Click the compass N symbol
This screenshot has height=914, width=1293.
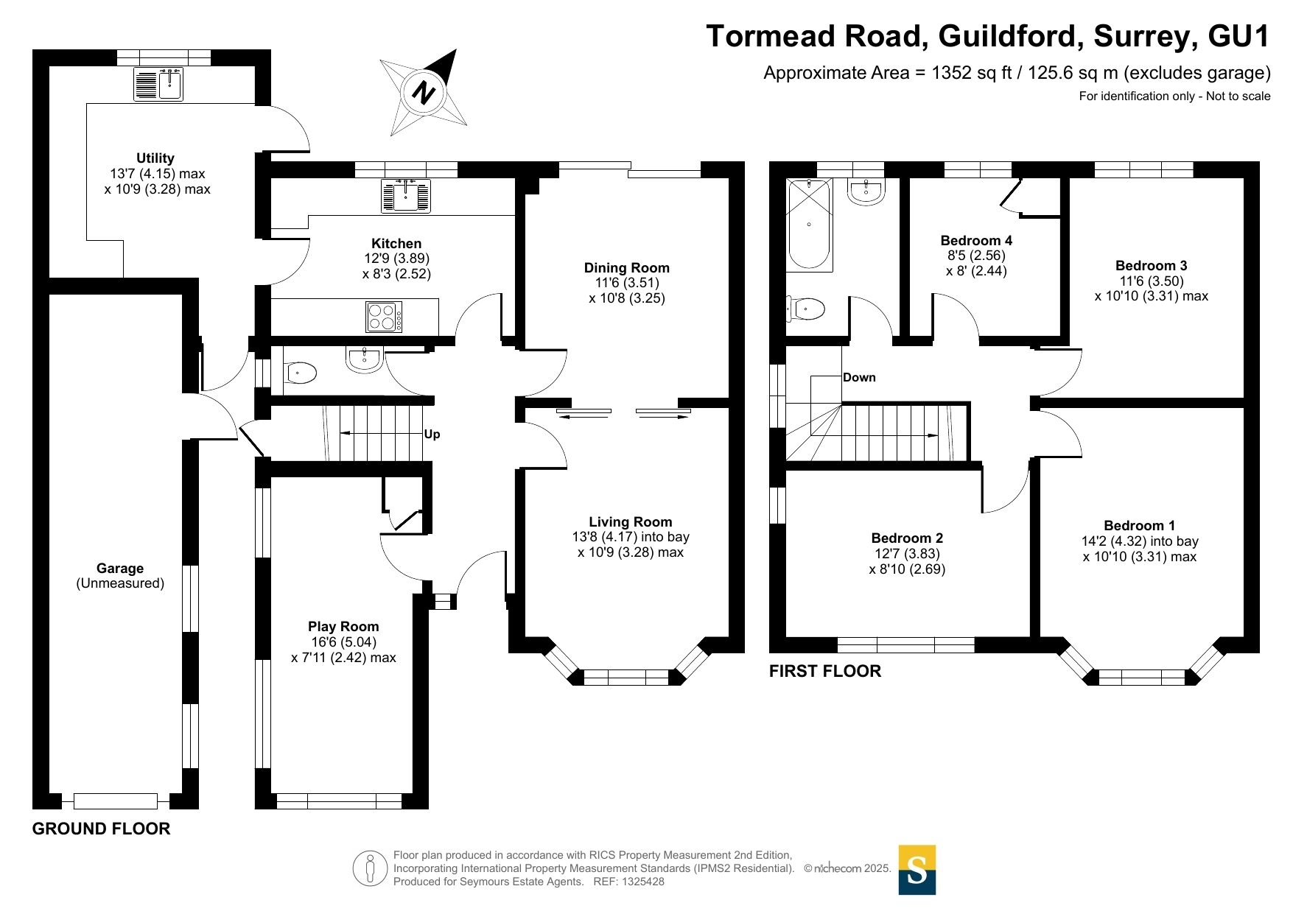point(424,94)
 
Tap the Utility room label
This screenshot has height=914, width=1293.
point(155,158)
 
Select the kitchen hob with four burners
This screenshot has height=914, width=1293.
point(384,317)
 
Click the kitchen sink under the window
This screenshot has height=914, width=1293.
point(405,196)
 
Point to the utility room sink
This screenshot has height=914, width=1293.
point(158,84)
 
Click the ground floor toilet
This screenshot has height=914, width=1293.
point(300,373)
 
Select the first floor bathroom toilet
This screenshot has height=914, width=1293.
point(806,309)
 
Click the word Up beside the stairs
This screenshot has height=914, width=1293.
point(432,434)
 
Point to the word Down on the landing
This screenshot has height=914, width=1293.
point(859,378)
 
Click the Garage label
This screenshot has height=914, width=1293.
point(120,569)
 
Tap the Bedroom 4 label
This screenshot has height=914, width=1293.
point(976,241)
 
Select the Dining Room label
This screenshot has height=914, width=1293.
point(627,268)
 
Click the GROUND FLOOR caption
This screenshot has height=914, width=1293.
point(101,829)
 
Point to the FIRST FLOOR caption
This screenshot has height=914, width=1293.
point(825,671)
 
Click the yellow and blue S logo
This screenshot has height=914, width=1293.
point(917,870)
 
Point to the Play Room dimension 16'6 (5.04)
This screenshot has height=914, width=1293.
point(343,642)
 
